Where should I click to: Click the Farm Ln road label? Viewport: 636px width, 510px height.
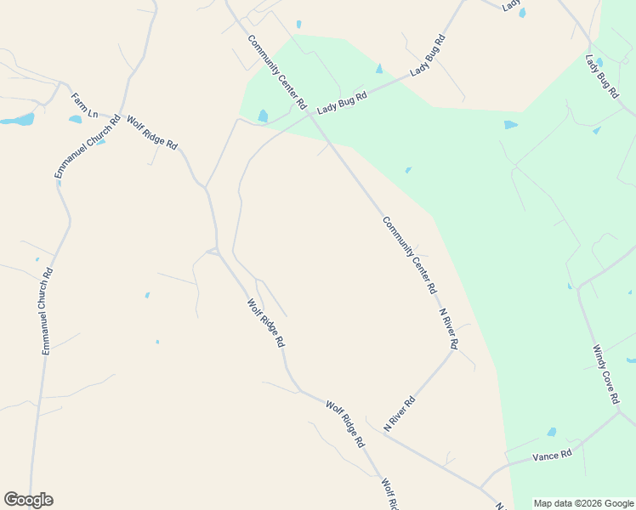pyautogui.click(x=85, y=105)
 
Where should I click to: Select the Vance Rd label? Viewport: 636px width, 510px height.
pyautogui.click(x=552, y=456)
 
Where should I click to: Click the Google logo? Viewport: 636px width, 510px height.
pyautogui.click(x=28, y=500)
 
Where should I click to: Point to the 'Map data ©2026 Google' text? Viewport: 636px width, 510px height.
pyautogui.click(x=583, y=503)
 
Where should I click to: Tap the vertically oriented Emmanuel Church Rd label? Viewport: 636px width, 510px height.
pyautogui.click(x=48, y=311)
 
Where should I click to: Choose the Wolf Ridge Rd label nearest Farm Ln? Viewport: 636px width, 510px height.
pyautogui.click(x=152, y=133)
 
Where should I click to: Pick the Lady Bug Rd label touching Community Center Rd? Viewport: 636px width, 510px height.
pyautogui.click(x=342, y=103)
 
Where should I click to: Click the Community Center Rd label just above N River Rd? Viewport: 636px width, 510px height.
pyautogui.click(x=409, y=255)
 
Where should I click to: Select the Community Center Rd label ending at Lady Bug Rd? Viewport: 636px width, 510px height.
pyautogui.click(x=276, y=72)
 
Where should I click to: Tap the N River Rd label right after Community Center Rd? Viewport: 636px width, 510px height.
pyautogui.click(x=449, y=329)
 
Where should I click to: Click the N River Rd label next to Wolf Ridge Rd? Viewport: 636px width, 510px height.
pyautogui.click(x=399, y=413)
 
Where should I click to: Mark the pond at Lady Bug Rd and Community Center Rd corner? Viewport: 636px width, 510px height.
pyautogui.click(x=263, y=116)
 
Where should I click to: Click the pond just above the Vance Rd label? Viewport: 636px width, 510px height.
pyautogui.click(x=552, y=432)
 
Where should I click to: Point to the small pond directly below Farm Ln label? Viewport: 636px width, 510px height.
pyautogui.click(x=76, y=119)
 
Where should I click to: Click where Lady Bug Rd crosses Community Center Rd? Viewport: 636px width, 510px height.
pyautogui.click(x=310, y=116)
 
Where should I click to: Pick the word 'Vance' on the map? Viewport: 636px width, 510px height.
pyautogui.click(x=546, y=457)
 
